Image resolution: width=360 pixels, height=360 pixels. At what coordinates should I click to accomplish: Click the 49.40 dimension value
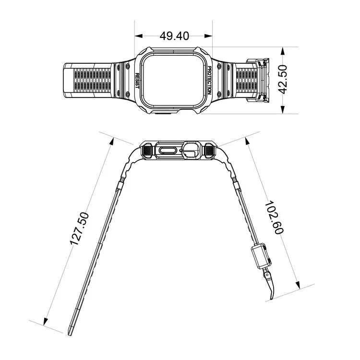pyautogui.click(x=174, y=36)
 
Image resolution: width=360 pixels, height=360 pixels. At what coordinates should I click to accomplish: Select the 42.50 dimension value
pyautogui.click(x=283, y=79)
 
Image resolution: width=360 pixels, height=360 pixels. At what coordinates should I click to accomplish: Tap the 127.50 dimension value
pyautogui.click(x=79, y=228)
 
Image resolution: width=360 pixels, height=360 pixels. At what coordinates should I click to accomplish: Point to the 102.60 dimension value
pyautogui.click(x=275, y=217)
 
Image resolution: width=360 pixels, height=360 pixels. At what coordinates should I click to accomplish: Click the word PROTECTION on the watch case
pyautogui.click(x=209, y=80)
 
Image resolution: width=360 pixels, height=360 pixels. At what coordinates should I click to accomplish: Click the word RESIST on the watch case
pyautogui.click(x=137, y=81)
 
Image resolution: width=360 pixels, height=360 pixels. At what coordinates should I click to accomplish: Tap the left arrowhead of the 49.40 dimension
pyautogui.click(x=139, y=36)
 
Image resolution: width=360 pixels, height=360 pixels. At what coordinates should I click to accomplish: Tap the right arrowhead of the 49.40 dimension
pyautogui.click(x=208, y=36)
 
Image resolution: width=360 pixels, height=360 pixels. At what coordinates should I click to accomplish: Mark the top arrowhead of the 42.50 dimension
pyautogui.click(x=283, y=51)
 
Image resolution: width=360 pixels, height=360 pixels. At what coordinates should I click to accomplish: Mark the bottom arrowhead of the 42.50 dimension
pyautogui.click(x=283, y=109)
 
